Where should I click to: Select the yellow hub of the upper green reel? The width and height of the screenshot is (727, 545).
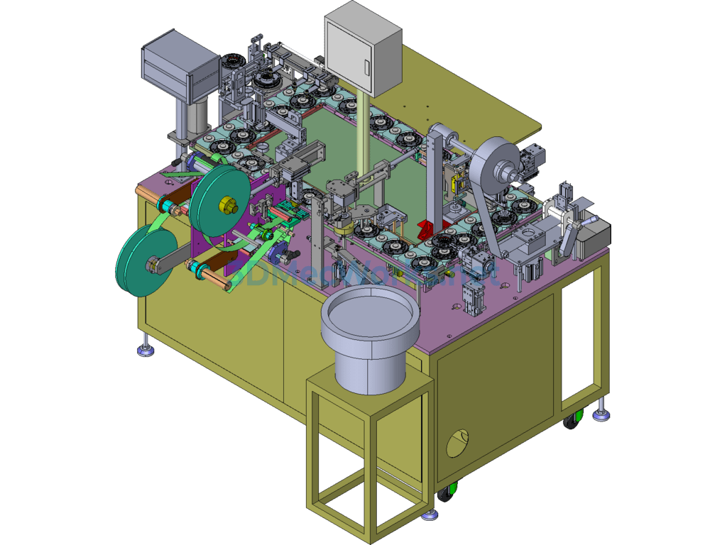tap(226, 206)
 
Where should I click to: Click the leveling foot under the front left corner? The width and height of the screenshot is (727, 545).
tap(146, 350)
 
